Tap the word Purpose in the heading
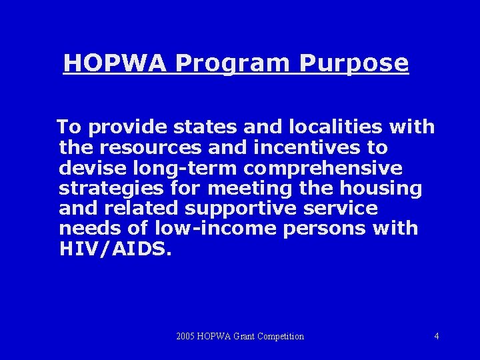[x=353, y=64]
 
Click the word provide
[x=123, y=127]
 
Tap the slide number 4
[x=437, y=336]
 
